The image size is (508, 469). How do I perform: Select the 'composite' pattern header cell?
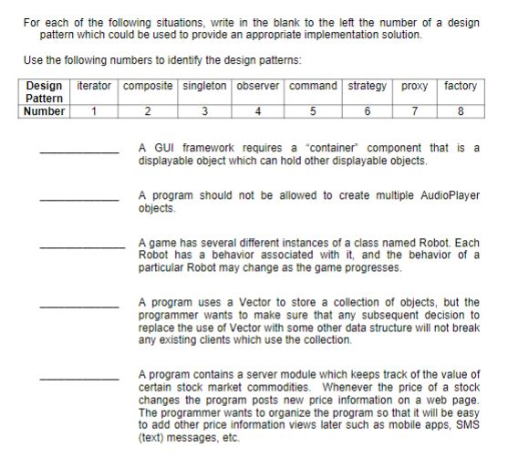coord(148,86)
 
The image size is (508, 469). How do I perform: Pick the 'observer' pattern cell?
coord(261,86)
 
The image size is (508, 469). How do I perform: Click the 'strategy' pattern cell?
coord(368,86)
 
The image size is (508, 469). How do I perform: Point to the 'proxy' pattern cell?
coord(415,86)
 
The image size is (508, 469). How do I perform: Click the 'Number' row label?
coord(45,112)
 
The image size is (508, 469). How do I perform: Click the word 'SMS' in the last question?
coord(466,426)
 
